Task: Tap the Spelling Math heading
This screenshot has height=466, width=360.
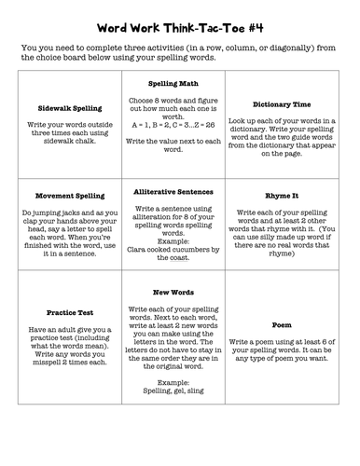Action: pos(178,83)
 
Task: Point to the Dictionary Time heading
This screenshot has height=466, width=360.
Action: pos(294,104)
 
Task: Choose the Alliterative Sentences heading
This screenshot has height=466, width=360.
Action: pos(178,191)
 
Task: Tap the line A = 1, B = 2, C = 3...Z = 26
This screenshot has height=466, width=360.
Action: pos(178,123)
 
